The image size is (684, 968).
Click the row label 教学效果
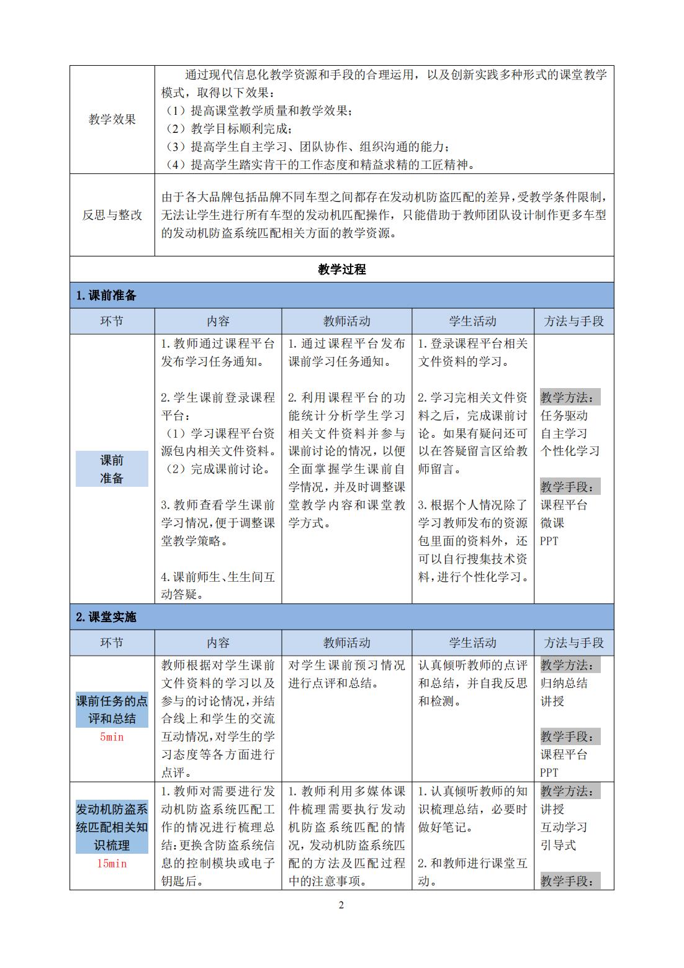(x=112, y=120)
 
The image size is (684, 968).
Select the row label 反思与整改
(x=112, y=215)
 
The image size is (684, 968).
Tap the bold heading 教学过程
(x=341, y=269)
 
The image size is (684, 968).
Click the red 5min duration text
(x=112, y=737)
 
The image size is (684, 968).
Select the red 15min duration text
(x=112, y=863)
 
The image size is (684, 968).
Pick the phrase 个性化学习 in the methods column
(x=570, y=451)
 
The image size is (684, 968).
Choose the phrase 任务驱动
(x=564, y=415)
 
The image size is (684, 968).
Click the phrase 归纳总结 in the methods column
(x=564, y=684)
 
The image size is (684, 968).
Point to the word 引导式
(x=558, y=845)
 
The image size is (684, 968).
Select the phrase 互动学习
(x=564, y=827)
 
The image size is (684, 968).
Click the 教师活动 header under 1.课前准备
(x=346, y=321)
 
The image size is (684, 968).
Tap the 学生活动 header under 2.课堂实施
(x=472, y=643)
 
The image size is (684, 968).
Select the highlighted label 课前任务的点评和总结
(x=112, y=710)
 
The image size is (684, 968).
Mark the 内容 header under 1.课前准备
(x=218, y=321)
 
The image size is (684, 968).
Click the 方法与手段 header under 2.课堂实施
(x=574, y=643)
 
